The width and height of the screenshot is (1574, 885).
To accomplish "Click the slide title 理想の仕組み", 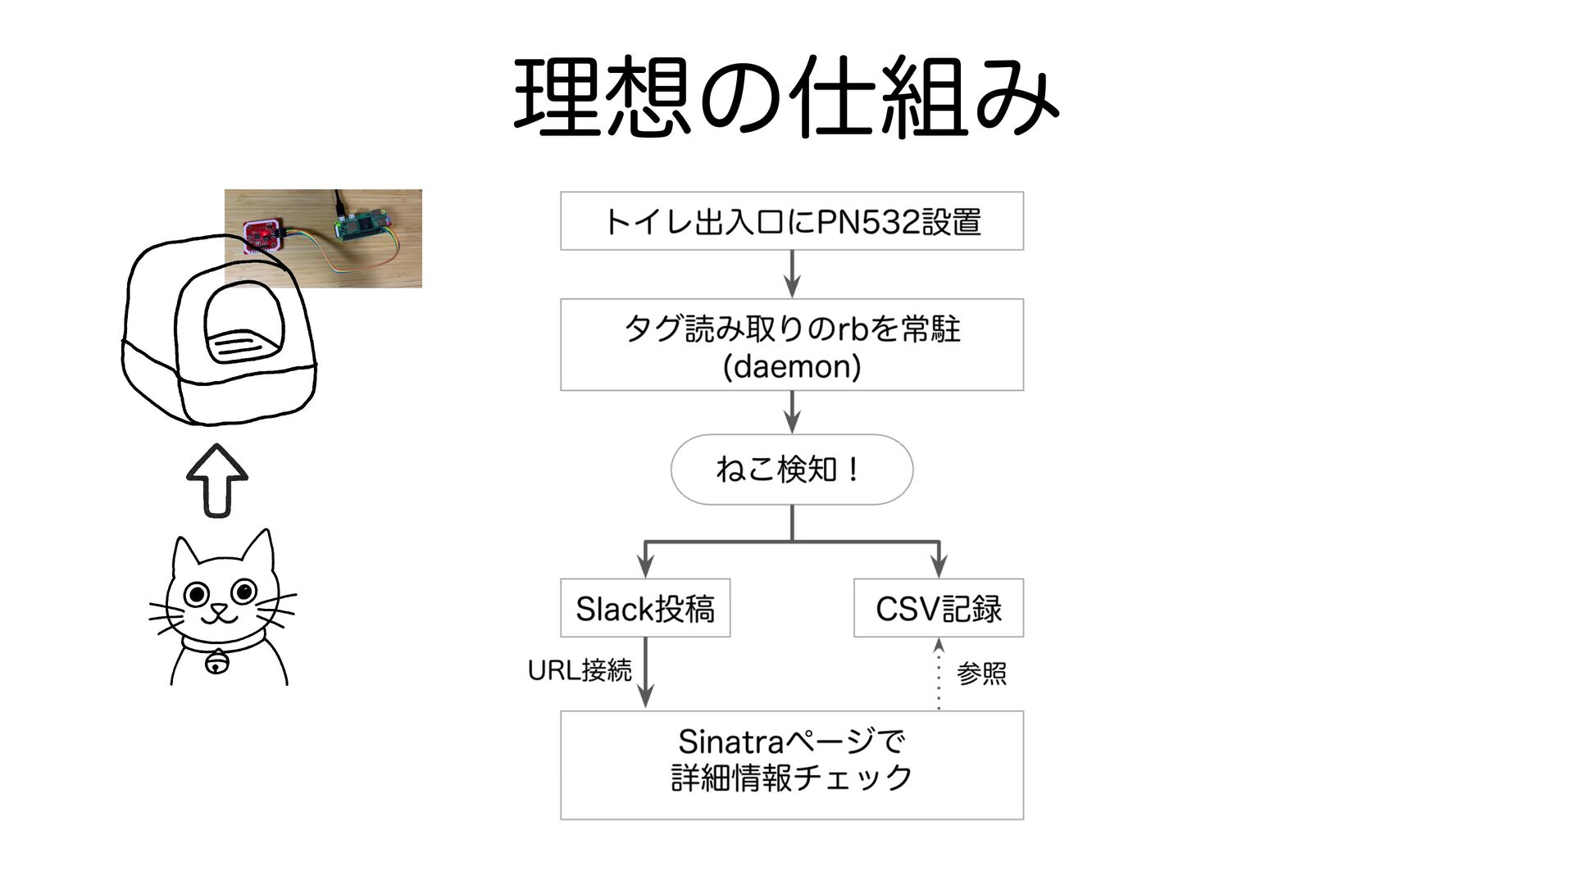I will click(x=785, y=97).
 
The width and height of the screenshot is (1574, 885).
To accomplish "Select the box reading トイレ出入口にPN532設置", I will click(x=792, y=221).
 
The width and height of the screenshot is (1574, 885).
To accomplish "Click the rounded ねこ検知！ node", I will click(x=792, y=470).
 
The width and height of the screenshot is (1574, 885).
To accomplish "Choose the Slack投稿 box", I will click(x=645, y=609).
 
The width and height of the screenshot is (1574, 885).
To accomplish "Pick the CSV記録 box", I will click(x=939, y=609).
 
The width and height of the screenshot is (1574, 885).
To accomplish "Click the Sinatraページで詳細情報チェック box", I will click(x=792, y=765).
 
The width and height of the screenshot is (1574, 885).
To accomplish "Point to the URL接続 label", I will click(x=580, y=670).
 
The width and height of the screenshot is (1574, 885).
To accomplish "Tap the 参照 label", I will click(x=981, y=674).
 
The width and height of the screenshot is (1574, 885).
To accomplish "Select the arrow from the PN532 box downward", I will click(x=792, y=274).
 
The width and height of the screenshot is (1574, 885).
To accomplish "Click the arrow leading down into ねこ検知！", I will click(x=792, y=412).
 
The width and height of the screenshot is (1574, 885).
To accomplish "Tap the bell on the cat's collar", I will click(x=217, y=660).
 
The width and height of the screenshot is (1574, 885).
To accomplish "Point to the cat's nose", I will click(x=219, y=608).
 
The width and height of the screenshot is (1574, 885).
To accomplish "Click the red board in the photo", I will click(x=263, y=234).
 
